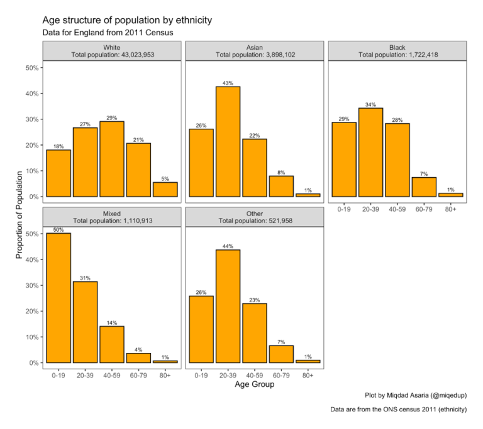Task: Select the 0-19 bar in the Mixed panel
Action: [58, 298]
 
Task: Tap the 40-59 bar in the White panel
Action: [112, 159]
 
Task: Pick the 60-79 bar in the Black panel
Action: [424, 187]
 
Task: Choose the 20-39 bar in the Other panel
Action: [228, 306]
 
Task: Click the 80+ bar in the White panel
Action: [165, 190]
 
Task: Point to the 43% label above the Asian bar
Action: [228, 83]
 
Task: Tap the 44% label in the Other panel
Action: [228, 246]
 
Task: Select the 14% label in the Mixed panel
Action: [112, 323]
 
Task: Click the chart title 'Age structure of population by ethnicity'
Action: [127, 20]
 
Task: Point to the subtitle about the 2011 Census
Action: [108, 33]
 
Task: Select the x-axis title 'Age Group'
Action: [254, 384]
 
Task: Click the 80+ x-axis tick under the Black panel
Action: [451, 209]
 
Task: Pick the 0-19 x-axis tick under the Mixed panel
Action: [58, 375]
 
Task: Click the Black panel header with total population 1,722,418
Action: [397, 51]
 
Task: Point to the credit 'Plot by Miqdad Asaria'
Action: [416, 396]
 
